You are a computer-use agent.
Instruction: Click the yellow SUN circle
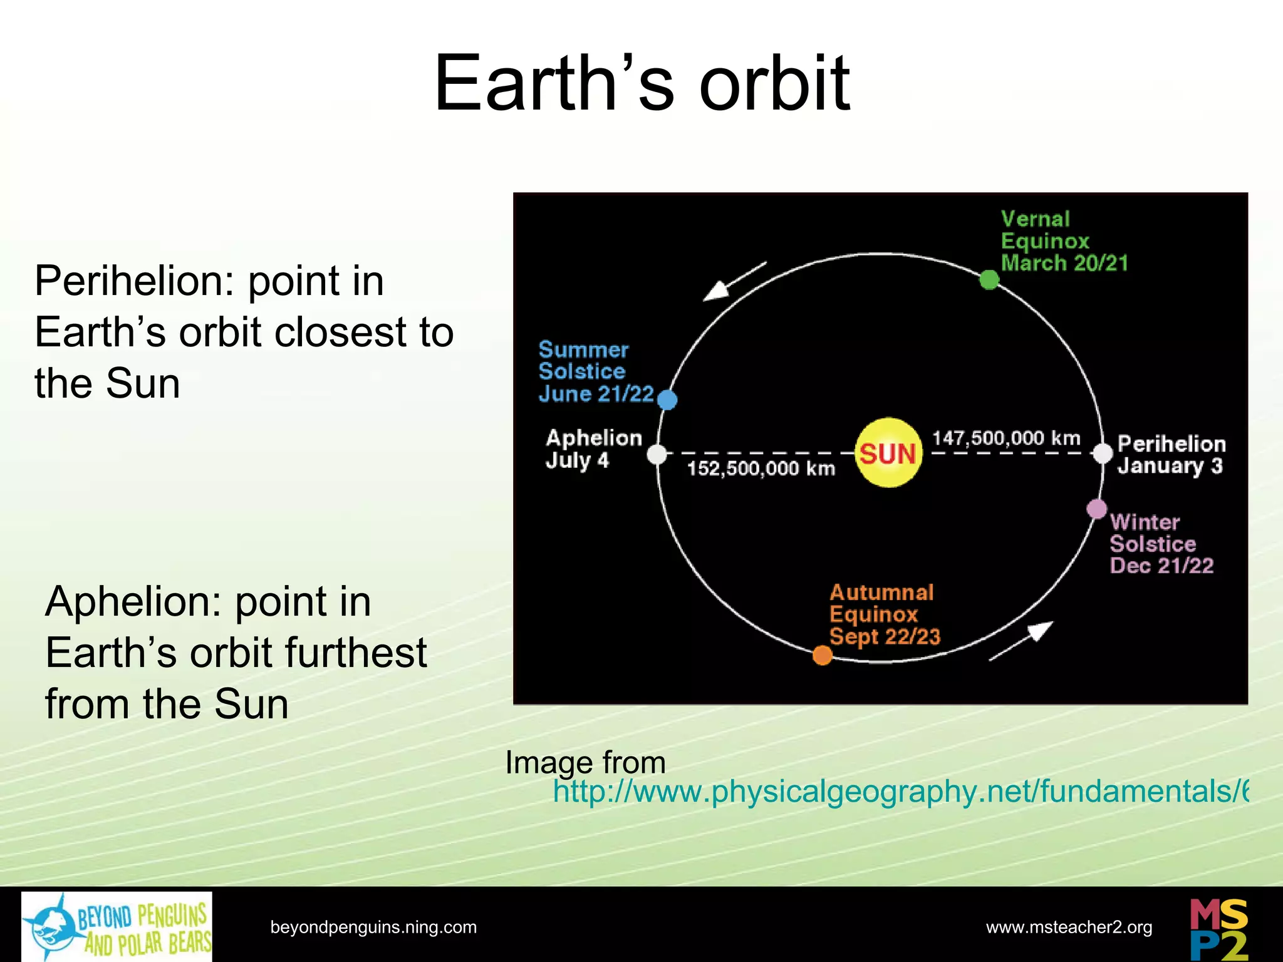click(x=888, y=453)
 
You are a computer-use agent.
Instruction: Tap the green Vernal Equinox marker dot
click(x=989, y=279)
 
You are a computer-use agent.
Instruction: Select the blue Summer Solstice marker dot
click(x=668, y=400)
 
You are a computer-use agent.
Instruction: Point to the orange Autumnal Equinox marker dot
click(x=822, y=655)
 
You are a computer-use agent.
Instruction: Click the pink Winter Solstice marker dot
click(x=1096, y=509)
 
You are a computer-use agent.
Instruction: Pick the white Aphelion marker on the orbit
click(x=657, y=454)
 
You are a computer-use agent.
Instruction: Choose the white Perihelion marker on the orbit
click(x=1103, y=453)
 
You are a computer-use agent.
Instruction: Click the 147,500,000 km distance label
click(x=1006, y=438)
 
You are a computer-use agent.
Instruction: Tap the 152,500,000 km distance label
click(x=761, y=468)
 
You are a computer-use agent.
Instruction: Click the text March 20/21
click(x=1064, y=262)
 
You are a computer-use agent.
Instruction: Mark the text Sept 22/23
click(x=885, y=636)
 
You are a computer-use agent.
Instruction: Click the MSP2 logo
click(x=1218, y=929)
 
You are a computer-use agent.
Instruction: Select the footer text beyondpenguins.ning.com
click(x=373, y=927)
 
